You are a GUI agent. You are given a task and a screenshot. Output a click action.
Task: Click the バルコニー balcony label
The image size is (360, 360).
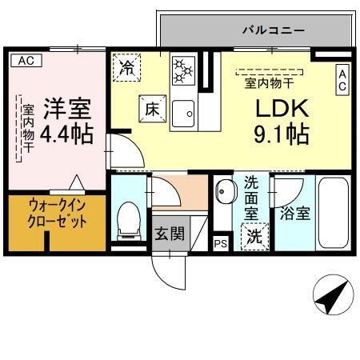click(x=273, y=30)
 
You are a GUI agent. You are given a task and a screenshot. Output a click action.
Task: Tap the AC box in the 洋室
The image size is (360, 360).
click(x=25, y=60)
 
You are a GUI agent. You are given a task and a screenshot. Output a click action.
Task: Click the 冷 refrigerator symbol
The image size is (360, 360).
click(x=127, y=67)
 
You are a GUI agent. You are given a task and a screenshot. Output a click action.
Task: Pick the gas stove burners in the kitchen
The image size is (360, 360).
click(x=183, y=70)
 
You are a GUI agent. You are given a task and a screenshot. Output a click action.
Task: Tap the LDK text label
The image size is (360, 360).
click(x=277, y=107)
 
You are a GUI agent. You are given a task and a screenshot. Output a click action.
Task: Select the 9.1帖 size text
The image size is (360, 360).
click(x=282, y=134)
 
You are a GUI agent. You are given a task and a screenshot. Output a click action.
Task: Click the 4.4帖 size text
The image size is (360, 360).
click(x=66, y=133)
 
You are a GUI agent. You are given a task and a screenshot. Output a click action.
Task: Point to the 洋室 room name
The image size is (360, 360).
click(x=67, y=107)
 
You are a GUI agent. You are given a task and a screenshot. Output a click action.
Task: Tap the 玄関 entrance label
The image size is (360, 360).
click(x=170, y=234)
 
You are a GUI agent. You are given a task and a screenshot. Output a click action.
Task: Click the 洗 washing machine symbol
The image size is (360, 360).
click(x=254, y=237)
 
